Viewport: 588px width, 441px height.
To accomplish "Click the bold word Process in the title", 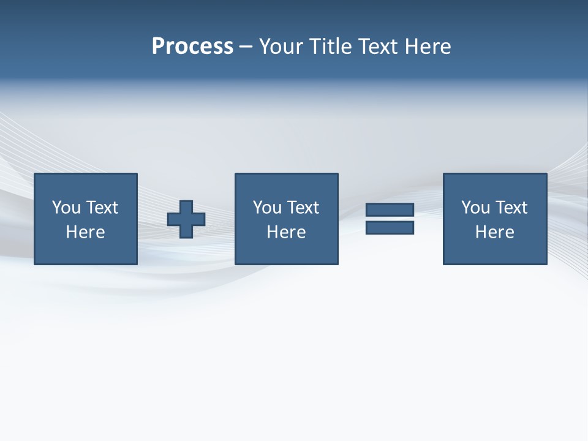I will coord(192,47).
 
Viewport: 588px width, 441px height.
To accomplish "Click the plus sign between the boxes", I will coord(186,219).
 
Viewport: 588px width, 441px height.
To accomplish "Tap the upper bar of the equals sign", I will coord(390,210).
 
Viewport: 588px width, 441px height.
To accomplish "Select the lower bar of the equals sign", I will coord(390,228).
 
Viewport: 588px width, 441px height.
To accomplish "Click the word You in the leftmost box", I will coord(67,208).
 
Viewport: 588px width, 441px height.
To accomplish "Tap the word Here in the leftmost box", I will coord(86,232).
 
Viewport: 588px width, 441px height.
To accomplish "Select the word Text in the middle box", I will coord(303,208).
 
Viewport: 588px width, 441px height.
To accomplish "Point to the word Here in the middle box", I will coord(287,232).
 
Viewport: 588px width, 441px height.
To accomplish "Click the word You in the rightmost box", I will coord(476,208).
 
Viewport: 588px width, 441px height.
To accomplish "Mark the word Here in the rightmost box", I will coord(495,232).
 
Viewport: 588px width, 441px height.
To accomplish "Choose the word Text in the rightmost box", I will coord(511,208).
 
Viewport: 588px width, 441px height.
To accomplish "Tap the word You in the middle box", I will coord(268,208).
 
